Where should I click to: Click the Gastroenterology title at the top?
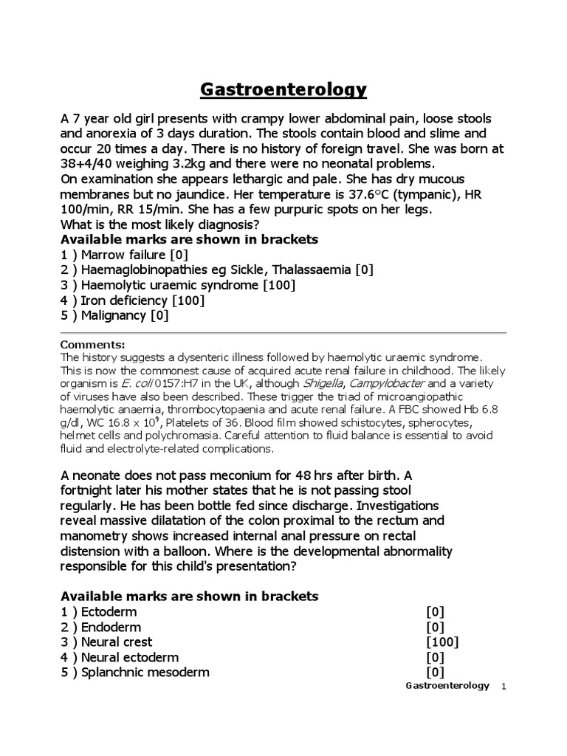(283, 90)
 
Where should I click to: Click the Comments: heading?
(92, 345)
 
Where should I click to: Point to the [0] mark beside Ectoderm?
(435, 612)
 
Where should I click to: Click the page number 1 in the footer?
(504, 687)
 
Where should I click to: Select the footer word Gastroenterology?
(447, 686)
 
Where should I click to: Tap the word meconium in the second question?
(214, 475)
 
